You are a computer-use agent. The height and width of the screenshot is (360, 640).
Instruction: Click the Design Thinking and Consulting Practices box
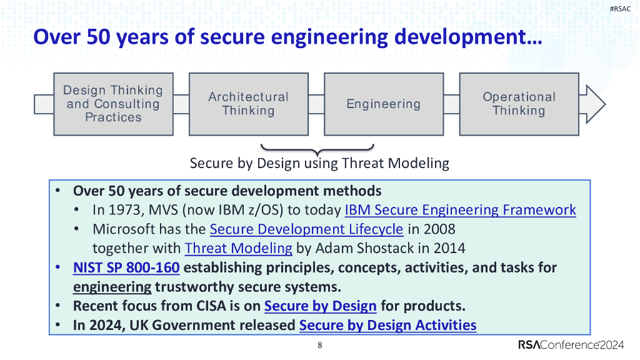coord(113,104)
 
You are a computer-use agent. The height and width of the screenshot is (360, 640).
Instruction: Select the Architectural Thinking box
coord(248,104)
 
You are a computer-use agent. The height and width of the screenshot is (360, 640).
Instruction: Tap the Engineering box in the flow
coord(383,104)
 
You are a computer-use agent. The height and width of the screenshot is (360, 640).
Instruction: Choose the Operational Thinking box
coord(519,104)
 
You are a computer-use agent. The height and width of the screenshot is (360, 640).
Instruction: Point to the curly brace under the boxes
coord(317,150)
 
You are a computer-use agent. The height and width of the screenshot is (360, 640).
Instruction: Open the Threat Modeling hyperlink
coord(238,248)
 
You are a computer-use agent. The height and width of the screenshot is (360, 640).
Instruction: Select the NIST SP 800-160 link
coord(126,268)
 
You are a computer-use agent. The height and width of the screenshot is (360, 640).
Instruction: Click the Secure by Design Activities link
coord(387,325)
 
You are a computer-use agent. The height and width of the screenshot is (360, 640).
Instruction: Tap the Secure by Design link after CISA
coord(320,306)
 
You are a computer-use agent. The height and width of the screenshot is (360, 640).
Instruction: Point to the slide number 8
coord(320,346)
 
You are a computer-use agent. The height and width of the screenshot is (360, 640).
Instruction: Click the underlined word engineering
coord(112,287)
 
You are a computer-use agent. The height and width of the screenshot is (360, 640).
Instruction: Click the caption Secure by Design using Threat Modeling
coord(319,164)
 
